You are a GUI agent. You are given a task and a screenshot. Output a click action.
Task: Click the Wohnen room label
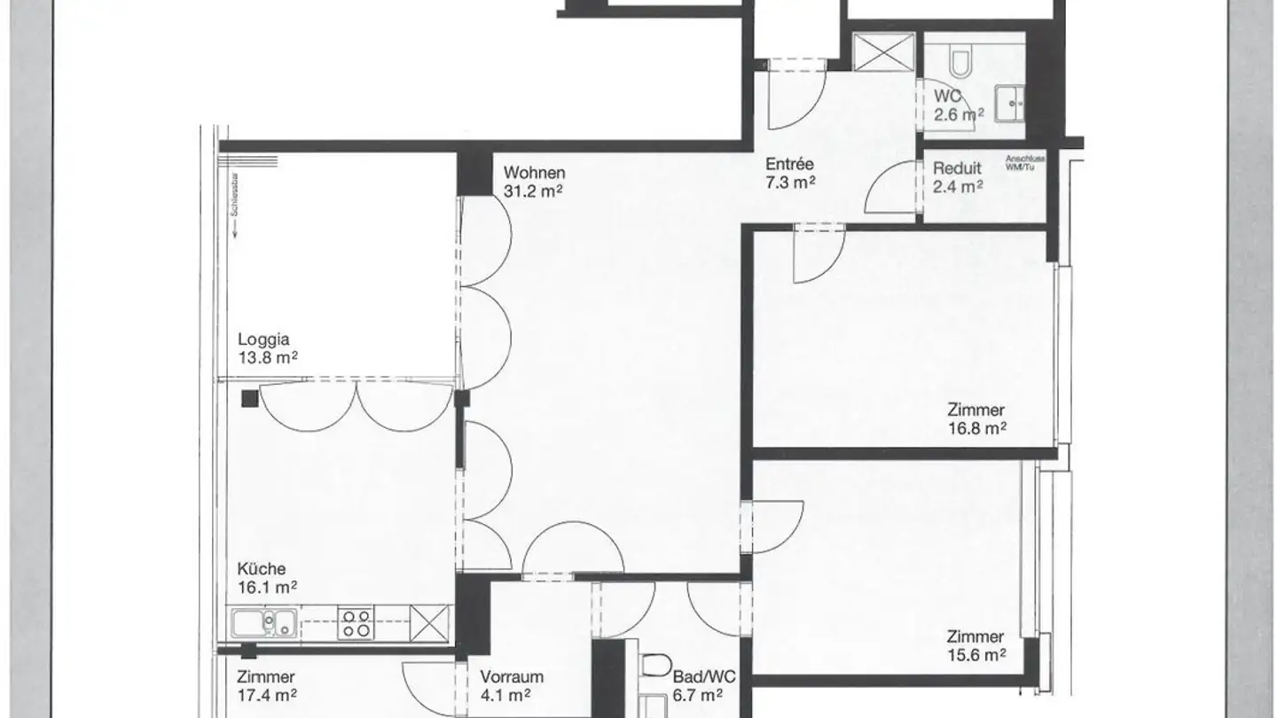point(534,173)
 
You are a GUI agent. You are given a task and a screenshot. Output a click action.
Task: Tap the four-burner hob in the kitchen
point(356,622)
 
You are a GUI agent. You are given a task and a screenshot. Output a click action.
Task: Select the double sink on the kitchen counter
point(264,623)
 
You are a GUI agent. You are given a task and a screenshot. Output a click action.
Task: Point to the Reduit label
point(956,168)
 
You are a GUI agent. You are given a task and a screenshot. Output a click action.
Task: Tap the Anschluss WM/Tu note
point(1025,163)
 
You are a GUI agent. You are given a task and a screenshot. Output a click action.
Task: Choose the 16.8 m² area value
point(976,427)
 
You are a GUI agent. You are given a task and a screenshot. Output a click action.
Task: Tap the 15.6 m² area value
point(976,654)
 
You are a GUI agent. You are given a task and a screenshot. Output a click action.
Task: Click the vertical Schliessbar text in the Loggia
point(232,218)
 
